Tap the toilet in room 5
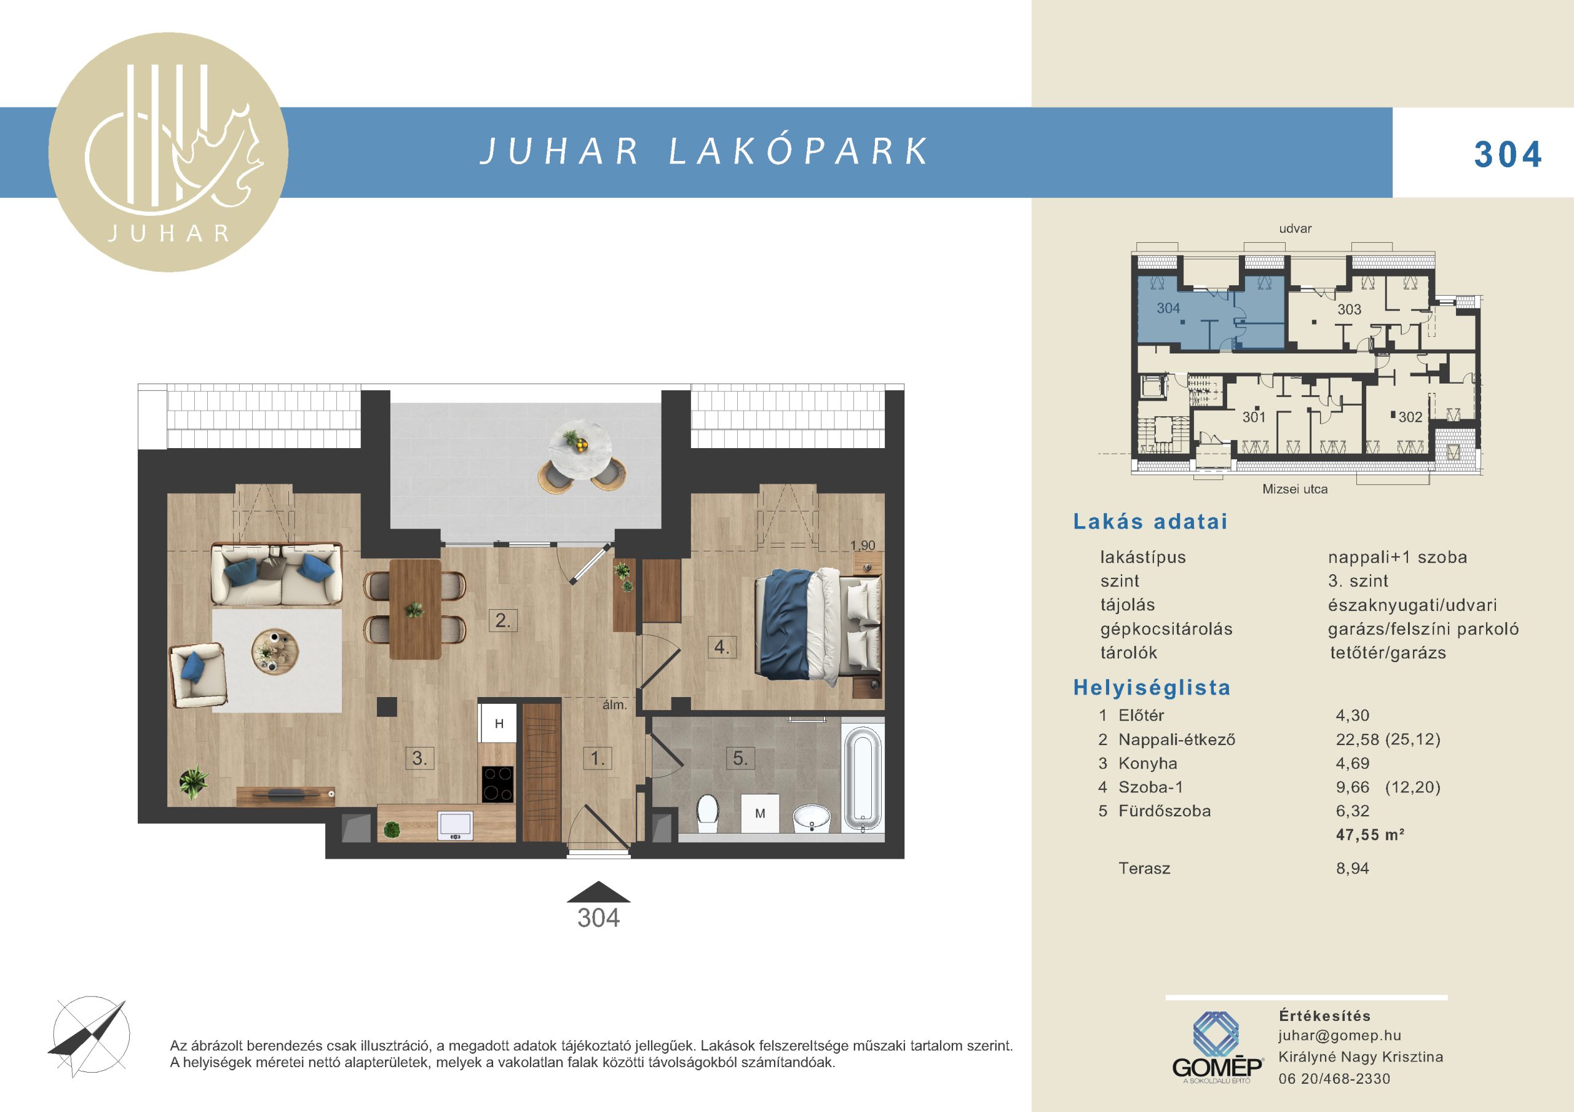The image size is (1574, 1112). click(x=708, y=813)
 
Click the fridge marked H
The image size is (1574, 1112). click(x=499, y=724)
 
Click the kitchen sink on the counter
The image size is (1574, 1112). click(x=455, y=825)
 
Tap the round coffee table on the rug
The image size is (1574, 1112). click(x=275, y=652)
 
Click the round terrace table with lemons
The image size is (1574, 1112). click(x=580, y=448)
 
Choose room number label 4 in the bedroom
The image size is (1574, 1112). click(x=721, y=647)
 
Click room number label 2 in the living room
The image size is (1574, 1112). click(x=502, y=621)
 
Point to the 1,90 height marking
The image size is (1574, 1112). click(x=863, y=546)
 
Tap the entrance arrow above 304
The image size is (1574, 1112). click(x=598, y=891)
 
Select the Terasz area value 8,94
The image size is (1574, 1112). click(x=1353, y=869)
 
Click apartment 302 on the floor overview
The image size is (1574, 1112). click(x=1410, y=417)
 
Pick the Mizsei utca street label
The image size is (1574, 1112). click(x=1295, y=489)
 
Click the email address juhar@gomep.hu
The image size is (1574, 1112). click(x=1340, y=1036)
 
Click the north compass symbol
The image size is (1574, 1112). click(x=90, y=1034)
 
